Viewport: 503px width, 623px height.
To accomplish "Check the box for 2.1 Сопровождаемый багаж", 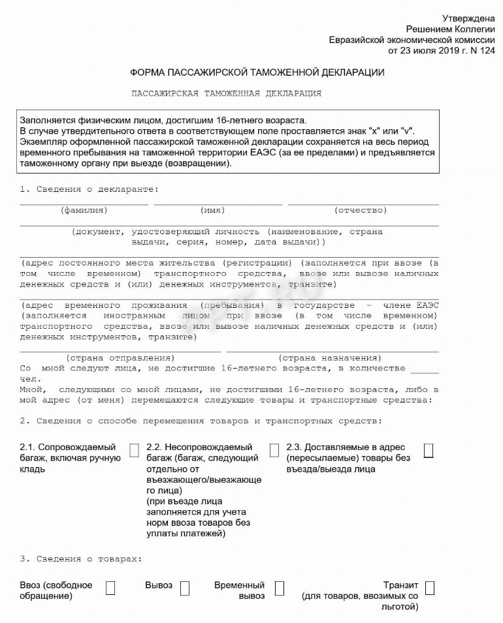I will tap(134, 450).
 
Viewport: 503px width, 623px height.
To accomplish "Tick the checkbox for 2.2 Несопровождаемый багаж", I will tap(274, 450).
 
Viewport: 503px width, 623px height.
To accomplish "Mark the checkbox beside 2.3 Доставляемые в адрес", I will tap(429, 450).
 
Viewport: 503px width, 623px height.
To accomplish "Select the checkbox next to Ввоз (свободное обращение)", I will tap(110, 588).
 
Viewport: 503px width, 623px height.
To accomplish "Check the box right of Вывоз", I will tap(185, 588).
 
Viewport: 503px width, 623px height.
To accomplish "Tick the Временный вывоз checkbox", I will tap(280, 588).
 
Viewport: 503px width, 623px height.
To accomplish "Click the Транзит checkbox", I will tap(429, 588).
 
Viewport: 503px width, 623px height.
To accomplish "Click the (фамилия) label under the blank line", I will tap(84, 211).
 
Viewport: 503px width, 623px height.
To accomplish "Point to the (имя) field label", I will tap(213, 211).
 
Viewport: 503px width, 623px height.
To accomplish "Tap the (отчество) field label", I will tap(361, 211).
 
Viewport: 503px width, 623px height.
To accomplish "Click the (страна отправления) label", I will tap(120, 358).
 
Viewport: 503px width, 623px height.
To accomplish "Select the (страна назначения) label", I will tap(330, 358).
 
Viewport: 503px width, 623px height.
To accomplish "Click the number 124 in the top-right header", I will tap(487, 50).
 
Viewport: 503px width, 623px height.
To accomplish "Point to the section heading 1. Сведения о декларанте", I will tap(89, 189).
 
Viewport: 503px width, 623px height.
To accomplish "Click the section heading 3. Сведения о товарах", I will tap(81, 559).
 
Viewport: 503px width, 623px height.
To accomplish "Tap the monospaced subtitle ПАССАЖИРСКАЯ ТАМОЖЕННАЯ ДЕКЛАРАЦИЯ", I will tap(227, 93).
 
